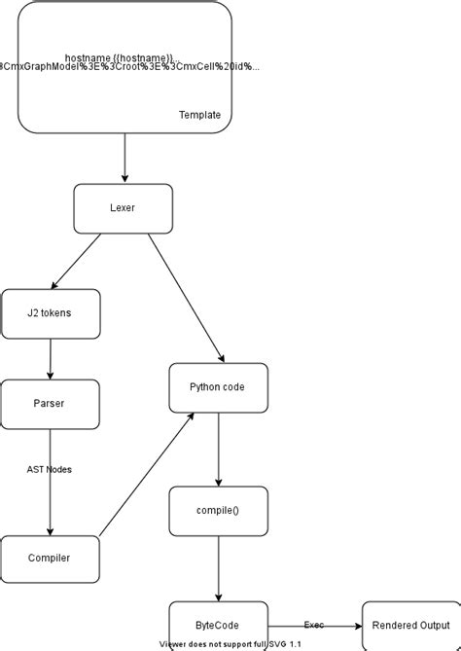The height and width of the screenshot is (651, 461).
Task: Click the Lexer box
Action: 124,208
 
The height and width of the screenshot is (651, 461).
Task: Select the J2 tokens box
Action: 51,313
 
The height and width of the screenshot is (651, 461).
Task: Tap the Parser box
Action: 51,403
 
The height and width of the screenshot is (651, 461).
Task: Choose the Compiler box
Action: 51,559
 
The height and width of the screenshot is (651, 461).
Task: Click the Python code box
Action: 217,387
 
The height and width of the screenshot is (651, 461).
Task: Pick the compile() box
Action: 217,511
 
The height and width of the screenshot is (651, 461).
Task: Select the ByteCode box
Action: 217,626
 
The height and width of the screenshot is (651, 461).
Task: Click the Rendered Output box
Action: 410,626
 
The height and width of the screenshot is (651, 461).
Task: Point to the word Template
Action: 199,115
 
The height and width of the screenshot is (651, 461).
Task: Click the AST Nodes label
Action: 50,469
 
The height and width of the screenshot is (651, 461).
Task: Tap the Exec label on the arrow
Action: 314,625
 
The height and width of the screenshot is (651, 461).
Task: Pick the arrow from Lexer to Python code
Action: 184,298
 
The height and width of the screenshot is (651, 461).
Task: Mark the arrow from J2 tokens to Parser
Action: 51,359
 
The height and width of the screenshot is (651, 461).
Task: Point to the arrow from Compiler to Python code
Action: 146,474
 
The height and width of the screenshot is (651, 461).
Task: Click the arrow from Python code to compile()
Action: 217,449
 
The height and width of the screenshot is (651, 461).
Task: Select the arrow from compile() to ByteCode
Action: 217,568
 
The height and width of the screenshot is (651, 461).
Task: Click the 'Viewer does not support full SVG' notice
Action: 230,644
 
